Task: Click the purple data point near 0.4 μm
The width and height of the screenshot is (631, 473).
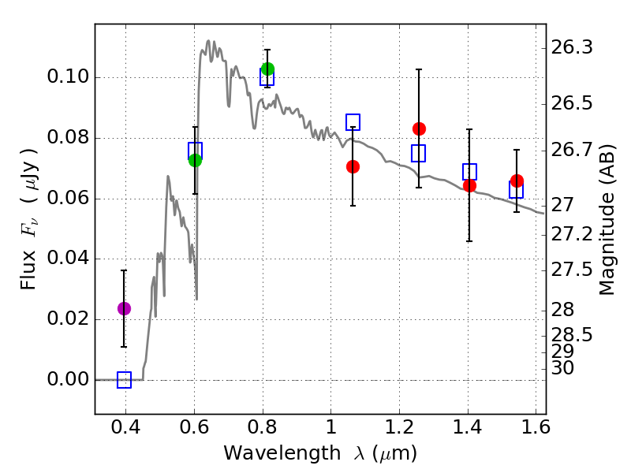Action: click(124, 308)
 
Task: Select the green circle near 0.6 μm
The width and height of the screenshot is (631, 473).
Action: click(196, 160)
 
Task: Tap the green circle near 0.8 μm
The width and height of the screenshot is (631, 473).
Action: click(267, 69)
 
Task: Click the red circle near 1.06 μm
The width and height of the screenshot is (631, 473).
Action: click(353, 166)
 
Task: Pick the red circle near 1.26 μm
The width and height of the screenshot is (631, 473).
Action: click(419, 128)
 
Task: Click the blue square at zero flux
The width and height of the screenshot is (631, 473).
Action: click(124, 380)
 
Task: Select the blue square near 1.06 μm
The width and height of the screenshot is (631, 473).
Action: click(353, 121)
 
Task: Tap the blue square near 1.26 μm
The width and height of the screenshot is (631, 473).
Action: click(418, 153)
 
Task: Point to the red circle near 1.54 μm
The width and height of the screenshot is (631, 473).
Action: click(517, 181)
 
